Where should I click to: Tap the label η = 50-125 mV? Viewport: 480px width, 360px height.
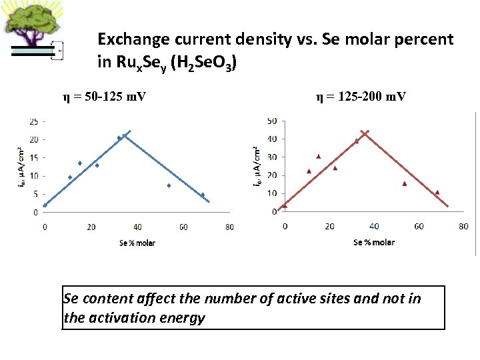105,97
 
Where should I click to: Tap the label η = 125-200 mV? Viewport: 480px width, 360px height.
361,97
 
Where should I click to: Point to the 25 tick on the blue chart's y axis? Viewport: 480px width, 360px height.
32,122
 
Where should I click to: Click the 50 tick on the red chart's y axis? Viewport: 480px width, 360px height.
271,121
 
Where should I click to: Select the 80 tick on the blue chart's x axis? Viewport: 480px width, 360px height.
229,227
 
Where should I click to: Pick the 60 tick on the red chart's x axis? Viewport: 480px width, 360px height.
419,227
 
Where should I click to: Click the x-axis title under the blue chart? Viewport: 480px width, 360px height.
137,243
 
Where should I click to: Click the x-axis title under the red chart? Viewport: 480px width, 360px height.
373,242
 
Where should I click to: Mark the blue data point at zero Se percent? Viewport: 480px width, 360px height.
45,205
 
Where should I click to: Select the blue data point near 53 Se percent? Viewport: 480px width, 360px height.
169,185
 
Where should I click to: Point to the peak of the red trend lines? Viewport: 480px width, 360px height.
363,132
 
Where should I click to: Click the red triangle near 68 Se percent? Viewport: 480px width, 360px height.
437,192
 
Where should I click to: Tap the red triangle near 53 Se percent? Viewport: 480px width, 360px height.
404,183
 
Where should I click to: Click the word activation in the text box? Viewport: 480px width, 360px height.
127,318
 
